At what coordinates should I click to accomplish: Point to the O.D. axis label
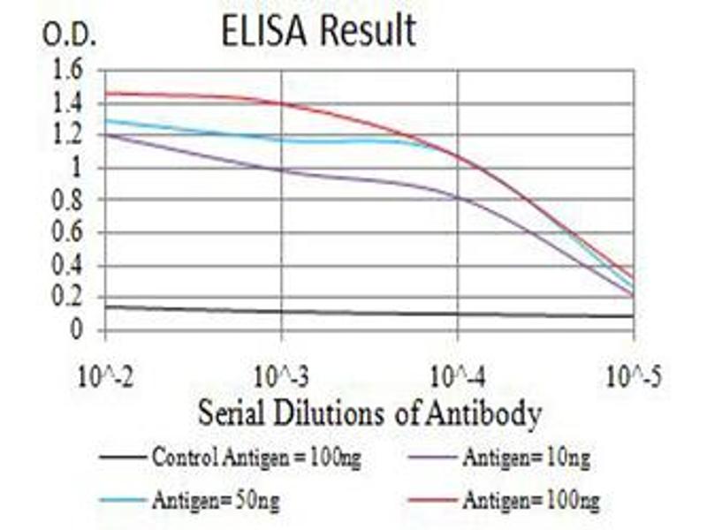click(70, 36)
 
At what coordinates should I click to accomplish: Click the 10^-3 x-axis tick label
click(282, 379)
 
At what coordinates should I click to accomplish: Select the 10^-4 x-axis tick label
click(458, 379)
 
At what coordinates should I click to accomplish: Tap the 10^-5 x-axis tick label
click(633, 379)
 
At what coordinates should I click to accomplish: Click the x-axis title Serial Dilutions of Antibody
click(369, 412)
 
